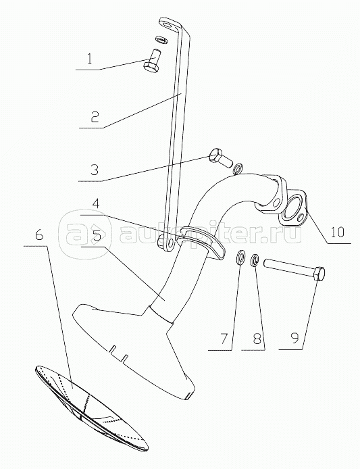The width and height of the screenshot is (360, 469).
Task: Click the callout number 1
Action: tap(89, 59)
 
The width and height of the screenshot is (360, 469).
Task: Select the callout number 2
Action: tap(94, 116)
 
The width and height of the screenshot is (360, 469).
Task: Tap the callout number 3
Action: tap(94, 170)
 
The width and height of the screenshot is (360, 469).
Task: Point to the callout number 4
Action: tap(95, 205)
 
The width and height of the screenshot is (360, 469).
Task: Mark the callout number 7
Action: tap(224, 339)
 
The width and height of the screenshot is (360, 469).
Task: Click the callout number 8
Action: tap(257, 339)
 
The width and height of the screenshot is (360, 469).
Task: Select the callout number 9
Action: tap(294, 339)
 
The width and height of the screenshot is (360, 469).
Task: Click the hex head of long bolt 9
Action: tap(319, 273)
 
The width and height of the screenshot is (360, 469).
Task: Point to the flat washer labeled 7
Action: tap(240, 258)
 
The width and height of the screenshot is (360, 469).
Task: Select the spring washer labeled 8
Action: tap(255, 259)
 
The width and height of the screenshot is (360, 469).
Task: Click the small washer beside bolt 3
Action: tap(238, 169)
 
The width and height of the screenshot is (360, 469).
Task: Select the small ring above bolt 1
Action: tap(161, 39)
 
